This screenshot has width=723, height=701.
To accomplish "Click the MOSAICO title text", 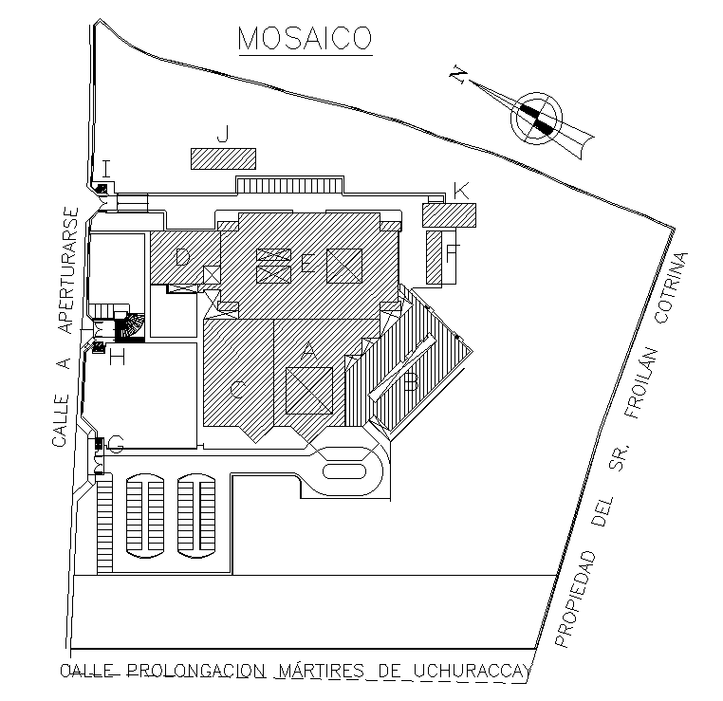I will point(305,39).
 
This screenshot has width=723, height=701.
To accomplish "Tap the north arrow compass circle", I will point(536,119).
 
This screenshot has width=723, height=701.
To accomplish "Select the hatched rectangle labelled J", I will point(224,158).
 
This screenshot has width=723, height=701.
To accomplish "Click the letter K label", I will point(461,192).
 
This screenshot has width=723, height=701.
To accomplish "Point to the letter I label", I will point(106,168).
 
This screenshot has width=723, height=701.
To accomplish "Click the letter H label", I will point(118,358).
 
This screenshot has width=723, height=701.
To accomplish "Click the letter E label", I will point(307,265).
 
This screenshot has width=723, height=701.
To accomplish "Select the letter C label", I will point(238,389).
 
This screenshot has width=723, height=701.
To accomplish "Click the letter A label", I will point(307,350).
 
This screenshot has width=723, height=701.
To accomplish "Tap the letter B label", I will point(411,384).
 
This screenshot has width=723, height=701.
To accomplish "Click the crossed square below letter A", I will point(309,391).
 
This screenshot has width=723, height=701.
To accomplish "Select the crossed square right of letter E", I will point(344,265).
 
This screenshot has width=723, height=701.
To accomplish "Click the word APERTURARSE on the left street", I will point(65,270).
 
